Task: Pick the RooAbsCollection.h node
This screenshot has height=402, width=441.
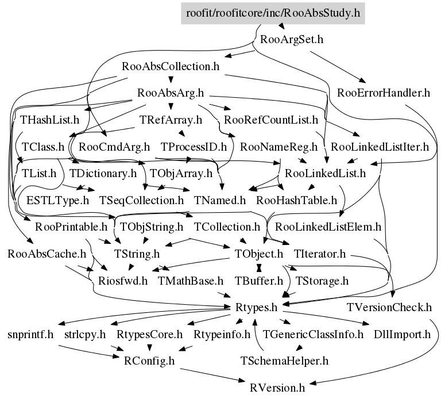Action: pyautogui.click(x=171, y=66)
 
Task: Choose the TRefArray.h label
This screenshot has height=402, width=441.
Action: pyautogui.click(x=171, y=120)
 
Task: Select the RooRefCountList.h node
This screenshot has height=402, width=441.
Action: pyautogui.click(x=271, y=120)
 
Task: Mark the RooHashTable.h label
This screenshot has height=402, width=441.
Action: pyautogui.click(x=296, y=200)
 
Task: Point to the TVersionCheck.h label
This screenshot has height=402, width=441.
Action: pyautogui.click(x=389, y=307)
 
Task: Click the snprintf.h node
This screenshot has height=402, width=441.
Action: pyautogui.click(x=30, y=334)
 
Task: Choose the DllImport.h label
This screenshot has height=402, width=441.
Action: pyautogui.click(x=402, y=334)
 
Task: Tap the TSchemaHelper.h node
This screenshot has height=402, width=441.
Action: pyautogui.click(x=284, y=361)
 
